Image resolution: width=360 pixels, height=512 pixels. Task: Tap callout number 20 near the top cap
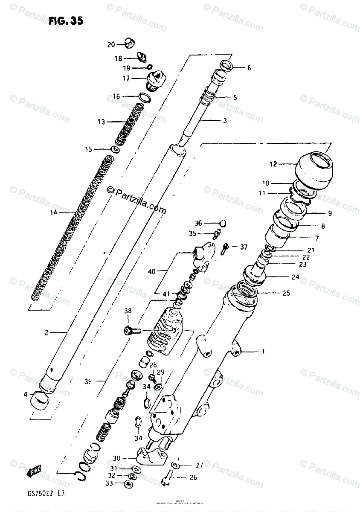(x=111, y=44)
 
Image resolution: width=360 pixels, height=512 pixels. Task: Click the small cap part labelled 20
(x=128, y=43)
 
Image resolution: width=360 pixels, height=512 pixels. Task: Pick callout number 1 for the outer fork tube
(x=263, y=352)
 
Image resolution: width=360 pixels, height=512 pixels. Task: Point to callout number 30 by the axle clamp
(x=116, y=458)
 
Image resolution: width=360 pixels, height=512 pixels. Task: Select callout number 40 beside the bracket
(x=151, y=271)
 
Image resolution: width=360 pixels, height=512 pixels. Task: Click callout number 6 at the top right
(x=249, y=68)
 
